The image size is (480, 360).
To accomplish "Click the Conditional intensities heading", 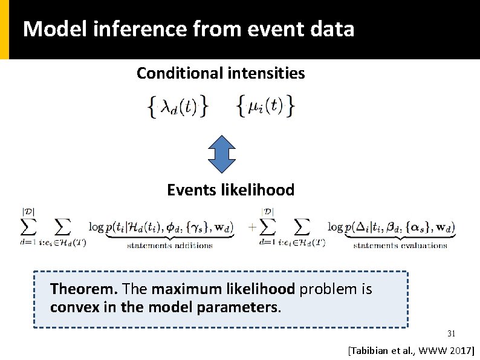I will pos(221,74).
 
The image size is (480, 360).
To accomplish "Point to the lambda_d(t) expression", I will pos(178,107).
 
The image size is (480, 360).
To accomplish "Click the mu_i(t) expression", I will pos(265,106).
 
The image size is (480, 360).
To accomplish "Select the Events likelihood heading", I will pos(230,190).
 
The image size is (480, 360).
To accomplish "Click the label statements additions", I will pos(170,245).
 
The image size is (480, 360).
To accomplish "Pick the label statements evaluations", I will pos(400,245).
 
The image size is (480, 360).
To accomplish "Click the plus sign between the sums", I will pos(251,228).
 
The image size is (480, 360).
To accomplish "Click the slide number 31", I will pos(451,333).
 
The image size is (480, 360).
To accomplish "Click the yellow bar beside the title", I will pos(4,29).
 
